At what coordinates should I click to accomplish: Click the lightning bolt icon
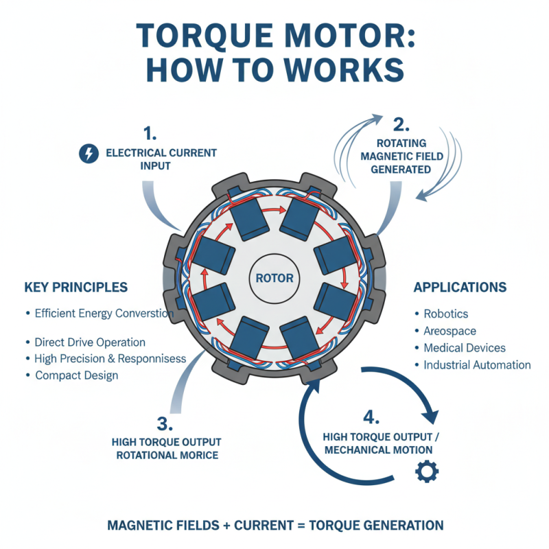[89, 154]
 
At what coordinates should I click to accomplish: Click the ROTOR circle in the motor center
[274, 279]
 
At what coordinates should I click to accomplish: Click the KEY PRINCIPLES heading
[75, 287]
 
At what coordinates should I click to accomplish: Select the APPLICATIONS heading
[460, 287]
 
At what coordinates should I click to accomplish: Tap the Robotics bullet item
[445, 314]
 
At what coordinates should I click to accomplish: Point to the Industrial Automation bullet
[476, 365]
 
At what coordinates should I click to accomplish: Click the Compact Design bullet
[76, 375]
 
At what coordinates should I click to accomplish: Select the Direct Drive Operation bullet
[90, 342]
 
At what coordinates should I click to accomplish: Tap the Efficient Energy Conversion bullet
[104, 314]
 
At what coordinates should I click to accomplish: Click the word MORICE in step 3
[198, 455]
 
